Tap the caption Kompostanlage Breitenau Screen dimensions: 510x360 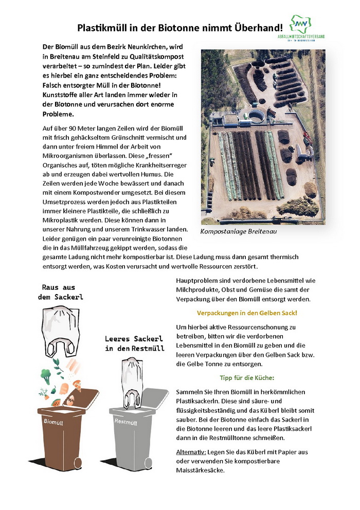point(239,232)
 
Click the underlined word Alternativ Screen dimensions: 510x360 point(191,451)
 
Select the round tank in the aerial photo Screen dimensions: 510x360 point(256,116)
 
